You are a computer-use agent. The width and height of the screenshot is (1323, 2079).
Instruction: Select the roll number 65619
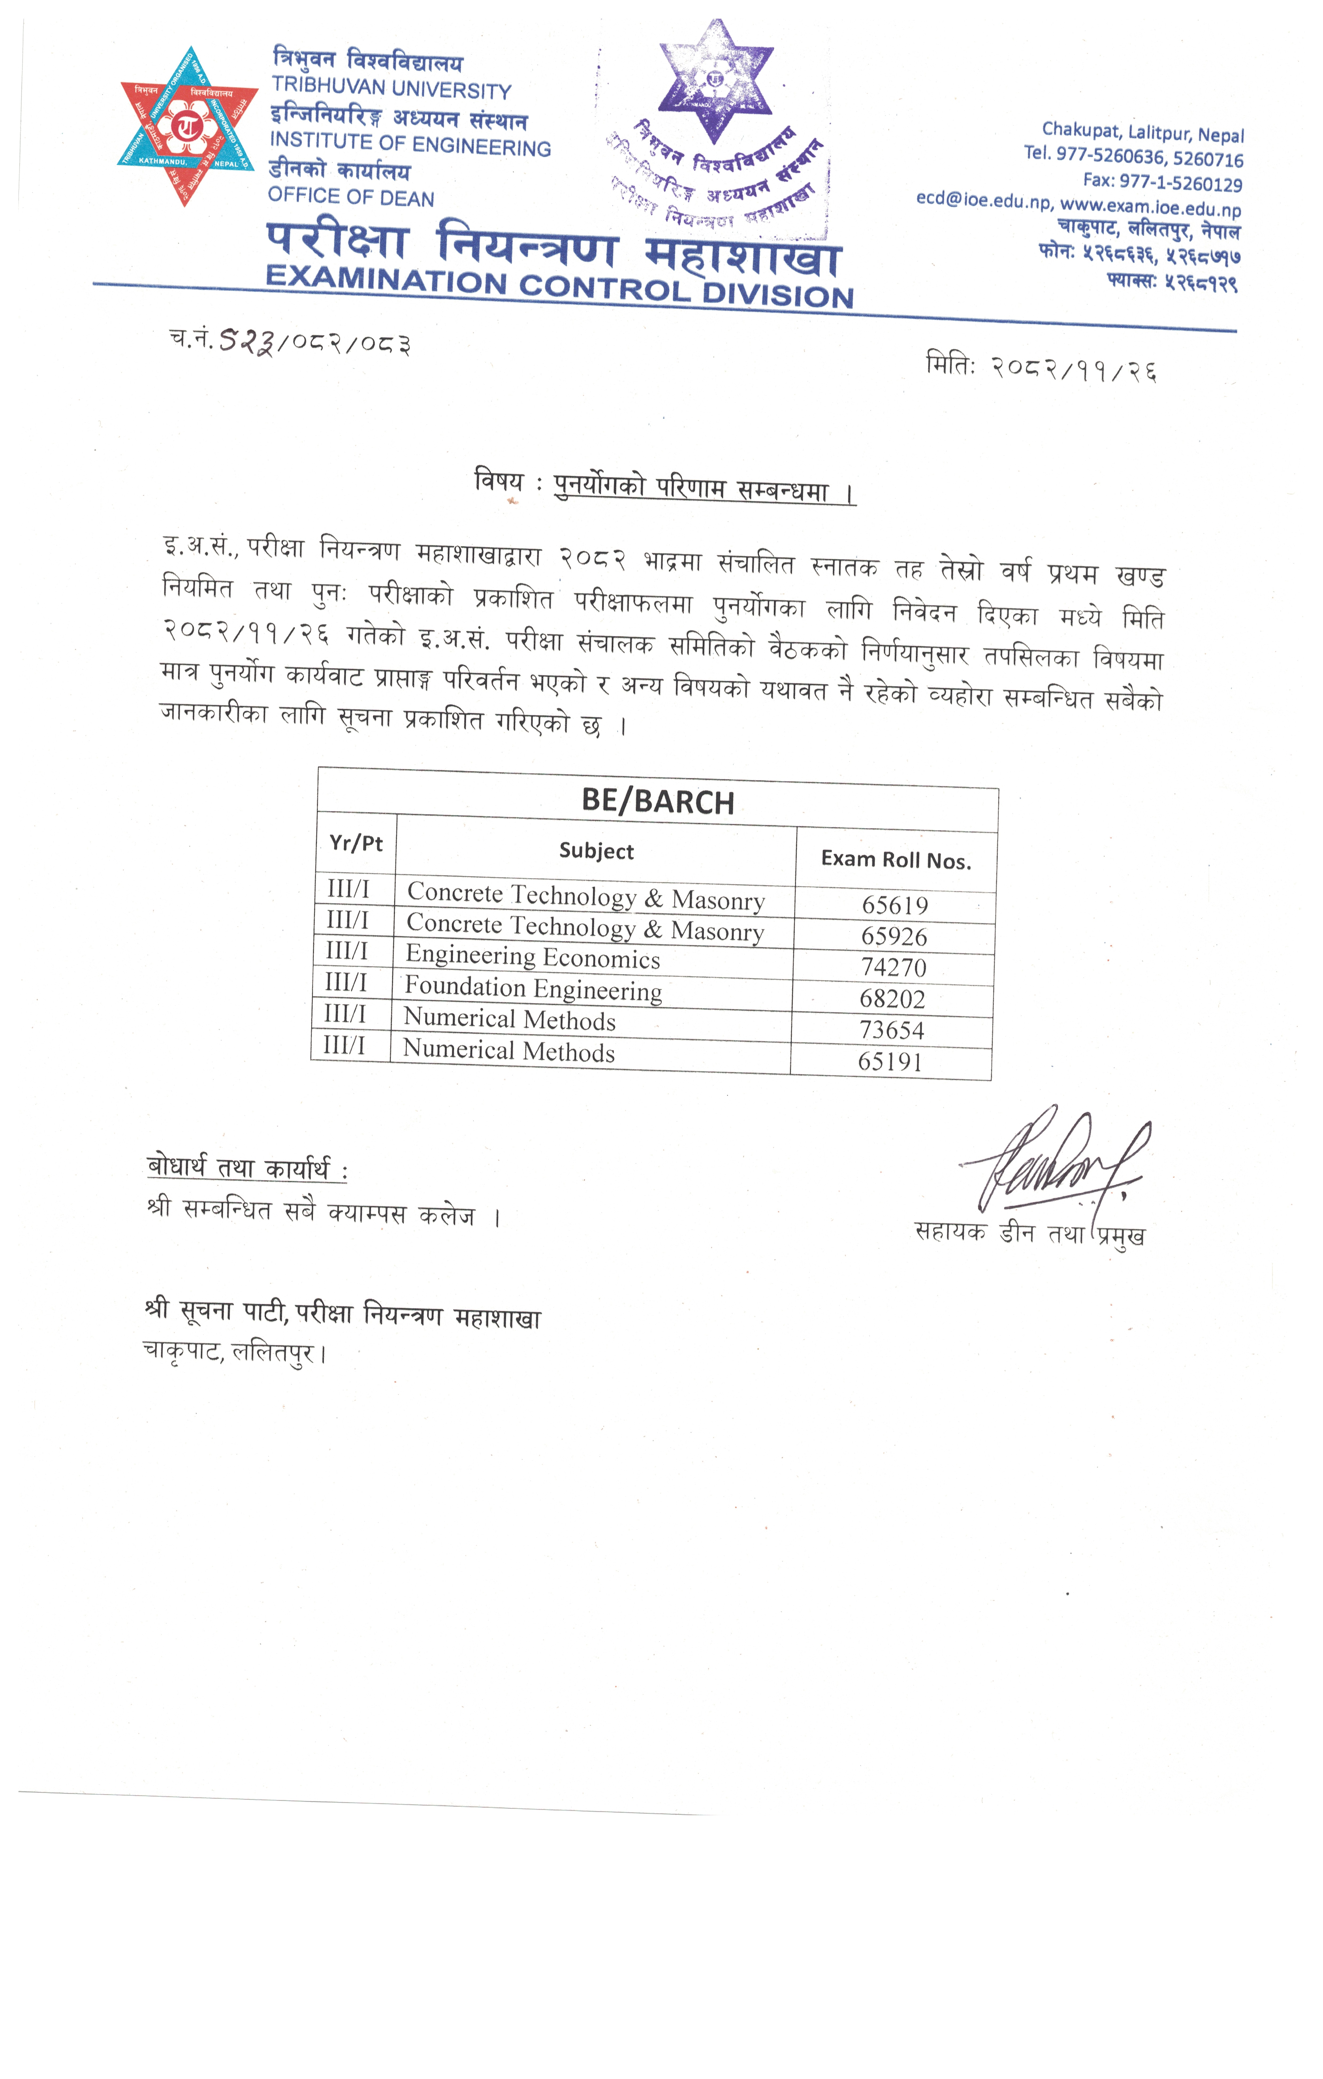pos(895,905)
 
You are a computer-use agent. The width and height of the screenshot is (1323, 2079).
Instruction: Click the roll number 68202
pos(892,999)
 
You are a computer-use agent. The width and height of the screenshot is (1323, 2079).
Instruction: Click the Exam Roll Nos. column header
pos(895,859)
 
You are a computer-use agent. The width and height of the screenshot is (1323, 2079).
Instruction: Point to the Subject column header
pos(596,851)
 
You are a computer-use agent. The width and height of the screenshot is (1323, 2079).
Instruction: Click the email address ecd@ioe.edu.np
pos(984,201)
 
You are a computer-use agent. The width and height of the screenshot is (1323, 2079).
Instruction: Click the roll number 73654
pos(891,1030)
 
